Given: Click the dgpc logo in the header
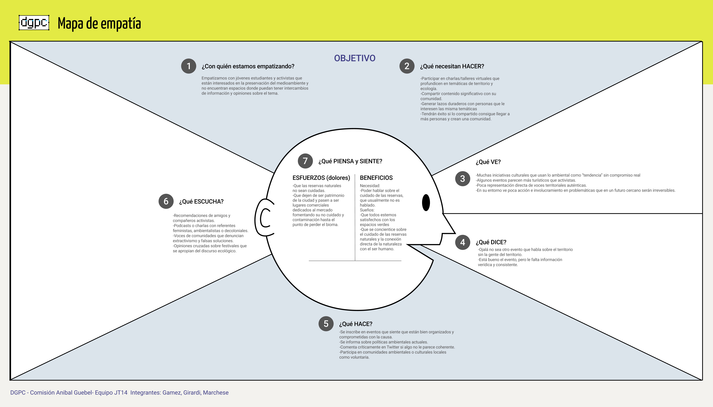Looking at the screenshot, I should [34, 23].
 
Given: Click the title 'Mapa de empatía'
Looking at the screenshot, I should [99, 24].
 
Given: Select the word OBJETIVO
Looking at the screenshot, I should [355, 58].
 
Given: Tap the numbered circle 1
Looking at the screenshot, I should [189, 66].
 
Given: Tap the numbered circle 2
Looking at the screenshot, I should [407, 66].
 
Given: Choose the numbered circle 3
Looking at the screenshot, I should [462, 179].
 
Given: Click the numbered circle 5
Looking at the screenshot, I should [326, 324].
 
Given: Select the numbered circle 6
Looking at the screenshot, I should [166, 201].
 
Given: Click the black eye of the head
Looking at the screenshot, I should [426, 203].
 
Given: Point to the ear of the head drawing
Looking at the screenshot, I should [264, 217].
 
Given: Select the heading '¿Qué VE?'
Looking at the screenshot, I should [488, 162].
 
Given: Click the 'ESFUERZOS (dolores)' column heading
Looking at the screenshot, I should [321, 178].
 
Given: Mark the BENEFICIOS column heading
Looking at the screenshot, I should [376, 178].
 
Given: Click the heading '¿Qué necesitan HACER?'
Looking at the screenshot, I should [452, 66].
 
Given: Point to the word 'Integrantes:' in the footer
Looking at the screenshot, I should [145, 392].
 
